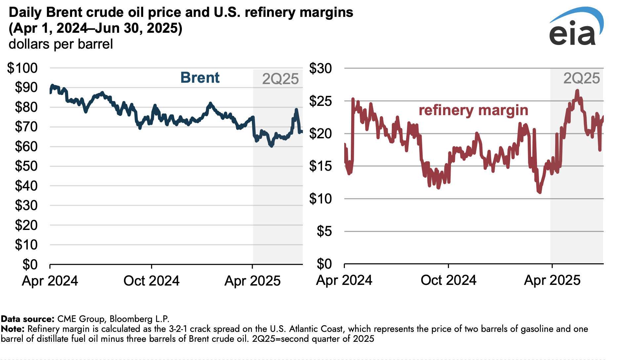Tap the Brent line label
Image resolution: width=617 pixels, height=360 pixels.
(x=200, y=78)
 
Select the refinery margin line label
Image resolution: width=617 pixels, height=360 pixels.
(x=473, y=110)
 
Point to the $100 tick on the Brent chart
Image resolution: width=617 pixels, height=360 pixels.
(x=22, y=68)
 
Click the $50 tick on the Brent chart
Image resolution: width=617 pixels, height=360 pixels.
(x=26, y=166)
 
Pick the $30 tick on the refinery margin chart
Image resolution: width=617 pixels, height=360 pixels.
(x=320, y=68)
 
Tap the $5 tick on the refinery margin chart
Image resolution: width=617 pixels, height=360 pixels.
(x=324, y=231)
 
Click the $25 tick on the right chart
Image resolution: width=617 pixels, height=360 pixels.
(x=320, y=101)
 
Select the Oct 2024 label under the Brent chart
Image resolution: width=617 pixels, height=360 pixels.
(x=151, y=281)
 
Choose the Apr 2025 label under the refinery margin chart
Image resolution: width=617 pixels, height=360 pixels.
(x=552, y=280)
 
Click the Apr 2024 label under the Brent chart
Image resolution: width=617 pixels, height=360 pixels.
(x=50, y=281)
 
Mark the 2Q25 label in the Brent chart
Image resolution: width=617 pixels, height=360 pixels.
(x=280, y=79)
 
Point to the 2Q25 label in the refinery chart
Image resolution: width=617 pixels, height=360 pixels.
(x=581, y=78)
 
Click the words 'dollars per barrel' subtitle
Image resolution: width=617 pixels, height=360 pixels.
(x=61, y=44)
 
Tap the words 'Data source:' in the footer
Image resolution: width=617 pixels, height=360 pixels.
(x=27, y=319)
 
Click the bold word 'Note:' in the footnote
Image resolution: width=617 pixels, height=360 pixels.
(x=13, y=329)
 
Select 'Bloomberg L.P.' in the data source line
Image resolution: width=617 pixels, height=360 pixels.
(x=139, y=319)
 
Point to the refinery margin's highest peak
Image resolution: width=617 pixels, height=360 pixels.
(x=577, y=90)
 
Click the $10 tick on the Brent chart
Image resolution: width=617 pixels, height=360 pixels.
(x=26, y=245)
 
